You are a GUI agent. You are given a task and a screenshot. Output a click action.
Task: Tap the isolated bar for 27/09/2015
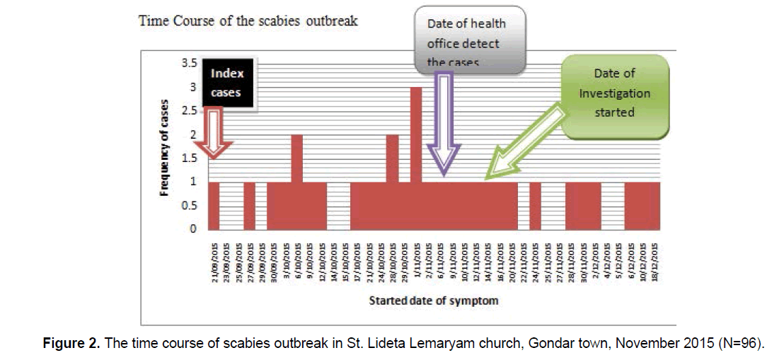[x=249, y=206]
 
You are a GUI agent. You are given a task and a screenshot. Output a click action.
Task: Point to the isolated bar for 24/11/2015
[x=535, y=206]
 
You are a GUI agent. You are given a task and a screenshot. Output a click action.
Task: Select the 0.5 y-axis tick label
[x=188, y=206]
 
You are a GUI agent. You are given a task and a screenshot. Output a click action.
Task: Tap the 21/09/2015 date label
[x=214, y=260]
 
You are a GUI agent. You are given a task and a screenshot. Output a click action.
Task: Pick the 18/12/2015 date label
[x=655, y=260]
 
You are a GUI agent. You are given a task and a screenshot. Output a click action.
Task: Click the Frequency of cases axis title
[x=164, y=146]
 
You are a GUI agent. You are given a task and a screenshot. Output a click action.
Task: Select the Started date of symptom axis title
[x=433, y=301]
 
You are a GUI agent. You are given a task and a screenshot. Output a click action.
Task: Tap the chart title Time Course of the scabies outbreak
[x=248, y=21]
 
